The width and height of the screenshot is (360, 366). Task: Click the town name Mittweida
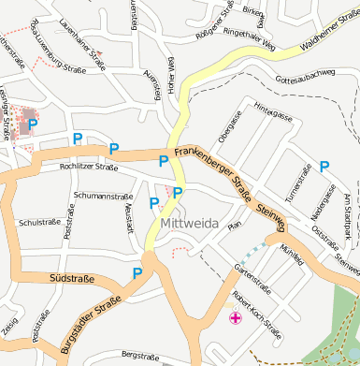coord(189,224)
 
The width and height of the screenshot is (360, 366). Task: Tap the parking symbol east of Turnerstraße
coord(324,167)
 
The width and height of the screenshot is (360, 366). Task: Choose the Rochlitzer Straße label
coord(89,168)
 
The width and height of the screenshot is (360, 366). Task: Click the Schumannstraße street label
coord(100,196)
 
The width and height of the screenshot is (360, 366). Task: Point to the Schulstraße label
coord(39,223)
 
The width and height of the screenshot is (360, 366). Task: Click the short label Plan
coord(236,226)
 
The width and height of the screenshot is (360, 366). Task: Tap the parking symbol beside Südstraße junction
coord(137,273)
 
